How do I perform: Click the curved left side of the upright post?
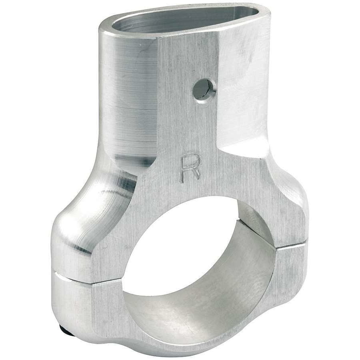[x=124, y=100]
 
